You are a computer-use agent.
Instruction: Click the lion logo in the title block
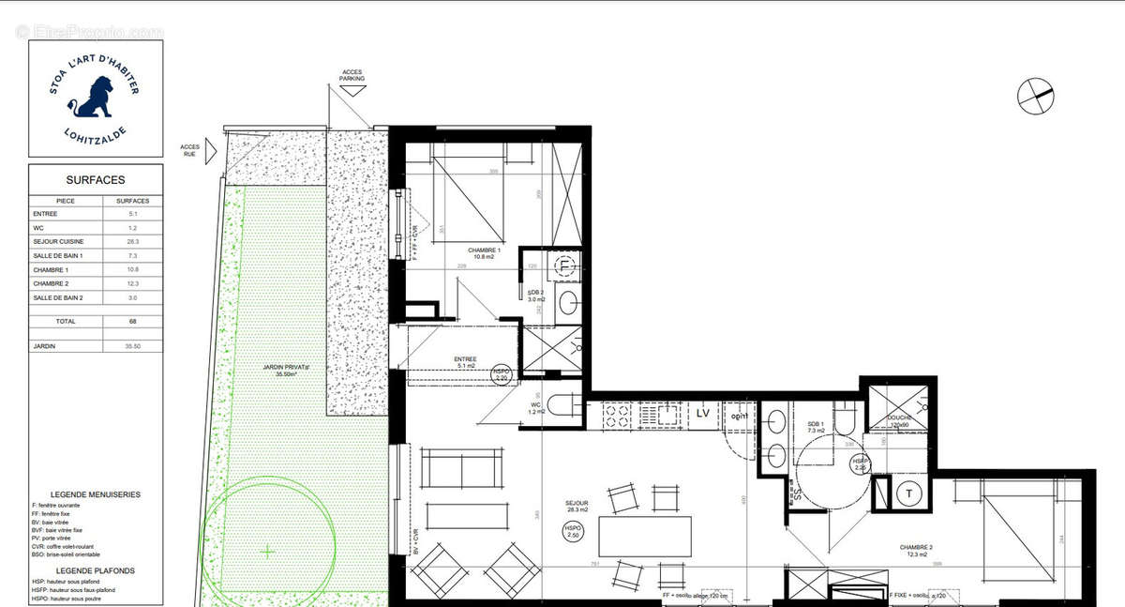tap(94, 98)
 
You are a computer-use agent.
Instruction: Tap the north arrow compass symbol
tap(1035, 95)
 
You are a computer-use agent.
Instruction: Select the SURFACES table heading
tap(95, 180)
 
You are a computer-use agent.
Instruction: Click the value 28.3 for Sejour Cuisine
tap(131, 241)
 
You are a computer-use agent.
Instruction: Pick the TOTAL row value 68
tap(131, 320)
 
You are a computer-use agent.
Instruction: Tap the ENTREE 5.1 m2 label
tap(465, 363)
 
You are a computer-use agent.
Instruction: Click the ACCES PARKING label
tap(352, 76)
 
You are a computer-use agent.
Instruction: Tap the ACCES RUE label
tap(189, 151)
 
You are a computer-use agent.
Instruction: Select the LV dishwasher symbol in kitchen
tap(702, 413)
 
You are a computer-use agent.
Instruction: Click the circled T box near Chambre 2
tap(909, 494)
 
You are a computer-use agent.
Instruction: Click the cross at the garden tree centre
tap(267, 551)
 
